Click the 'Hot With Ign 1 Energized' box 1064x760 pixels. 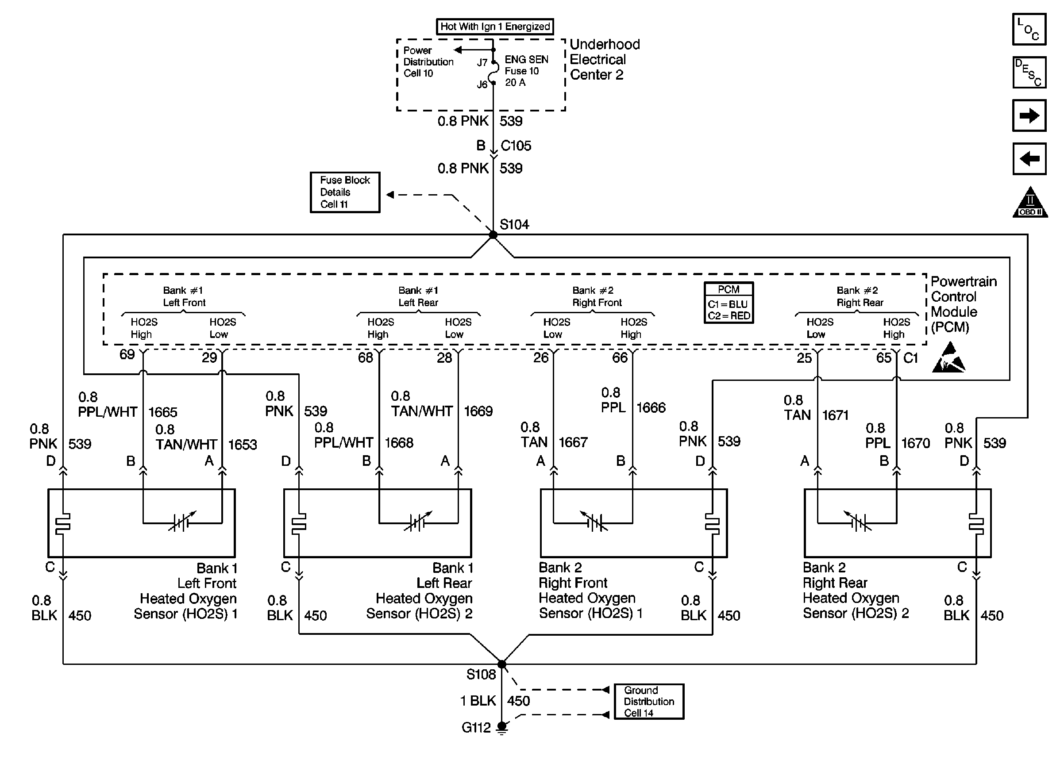495,27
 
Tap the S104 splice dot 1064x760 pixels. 493,234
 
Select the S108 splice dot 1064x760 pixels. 501,664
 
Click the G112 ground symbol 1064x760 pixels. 502,728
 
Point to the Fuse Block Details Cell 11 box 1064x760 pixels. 345,192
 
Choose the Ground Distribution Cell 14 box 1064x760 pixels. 649,702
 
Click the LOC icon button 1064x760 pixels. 1029,29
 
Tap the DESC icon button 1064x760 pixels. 1029,73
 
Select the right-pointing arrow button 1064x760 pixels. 1029,115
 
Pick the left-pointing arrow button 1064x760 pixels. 1029,159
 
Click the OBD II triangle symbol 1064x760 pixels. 1030,203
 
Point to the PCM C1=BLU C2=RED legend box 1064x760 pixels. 729,303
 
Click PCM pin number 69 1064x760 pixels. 127,354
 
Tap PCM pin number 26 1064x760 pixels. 541,358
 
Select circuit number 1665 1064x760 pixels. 163,412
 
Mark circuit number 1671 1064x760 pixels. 836,415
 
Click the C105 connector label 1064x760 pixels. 516,146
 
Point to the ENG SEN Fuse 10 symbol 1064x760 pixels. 493,73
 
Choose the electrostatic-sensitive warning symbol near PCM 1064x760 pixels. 949,358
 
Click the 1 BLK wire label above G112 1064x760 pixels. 478,701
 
